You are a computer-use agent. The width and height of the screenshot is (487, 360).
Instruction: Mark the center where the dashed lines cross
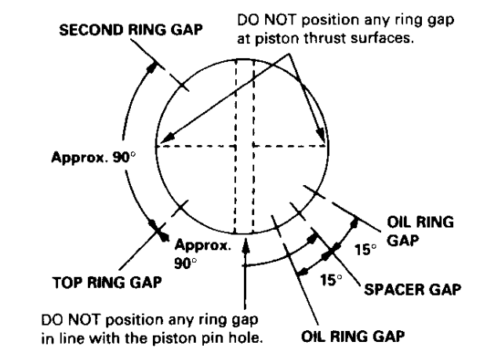coord(242,146)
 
